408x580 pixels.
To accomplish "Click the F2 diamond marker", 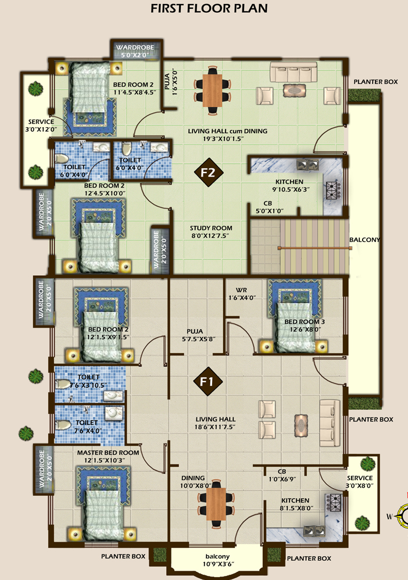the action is pos(209,172).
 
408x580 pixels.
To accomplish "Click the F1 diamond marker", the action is pos(207,381).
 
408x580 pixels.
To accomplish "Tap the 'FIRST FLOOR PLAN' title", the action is pos(209,8).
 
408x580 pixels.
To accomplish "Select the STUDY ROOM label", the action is pos(211,228).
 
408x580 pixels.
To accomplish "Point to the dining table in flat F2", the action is pos(213,90).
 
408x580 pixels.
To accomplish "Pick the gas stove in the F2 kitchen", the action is pos(333,190).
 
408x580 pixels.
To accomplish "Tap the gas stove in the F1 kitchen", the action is pos(333,502).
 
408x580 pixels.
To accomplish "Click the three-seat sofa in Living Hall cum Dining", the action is pos(294,72).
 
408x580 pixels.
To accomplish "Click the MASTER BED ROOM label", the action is pos(108,452).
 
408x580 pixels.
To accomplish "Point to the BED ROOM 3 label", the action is pos(305,322).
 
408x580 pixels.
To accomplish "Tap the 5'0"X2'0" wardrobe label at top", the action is pos(135,55).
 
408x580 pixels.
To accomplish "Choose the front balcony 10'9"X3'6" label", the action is pos(217,560).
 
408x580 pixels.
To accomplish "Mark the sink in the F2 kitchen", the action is pos(308,164).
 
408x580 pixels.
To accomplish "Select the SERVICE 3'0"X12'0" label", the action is pos(41,125).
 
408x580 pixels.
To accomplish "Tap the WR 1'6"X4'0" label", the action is pos(242,294).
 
